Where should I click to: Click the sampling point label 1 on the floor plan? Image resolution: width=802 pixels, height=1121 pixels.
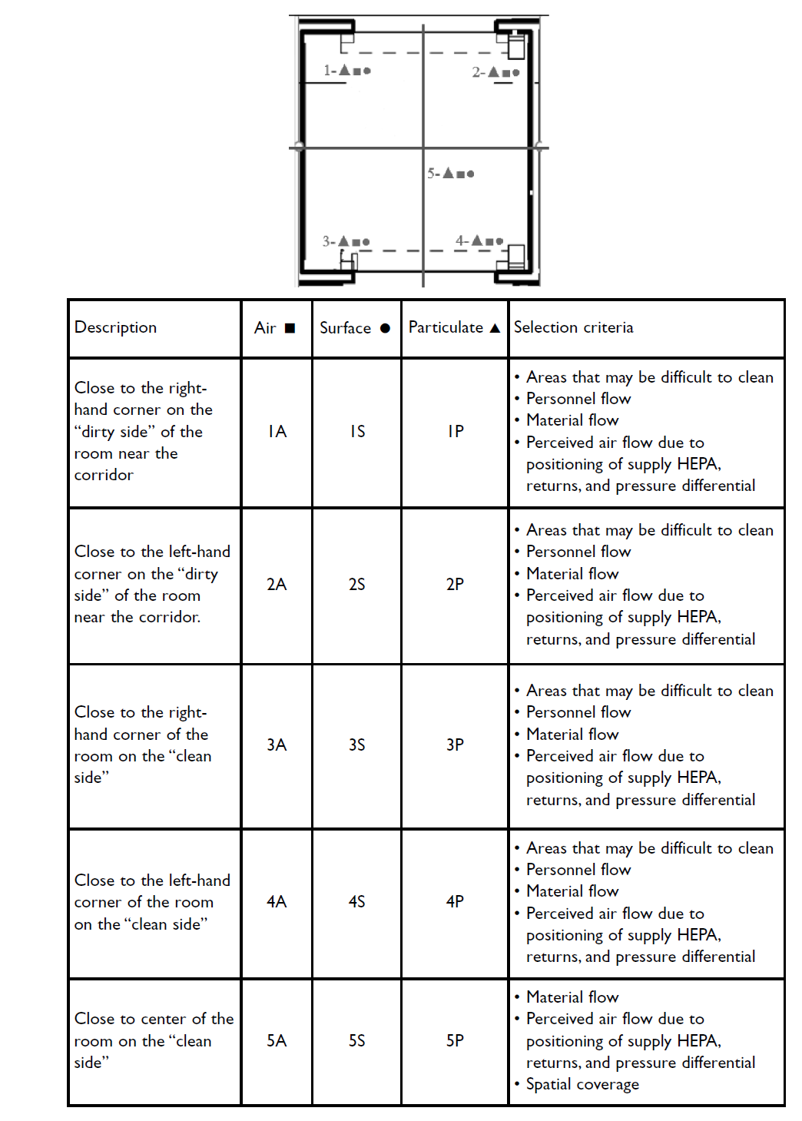[346, 71]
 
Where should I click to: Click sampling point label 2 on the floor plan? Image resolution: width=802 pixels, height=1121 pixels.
[495, 72]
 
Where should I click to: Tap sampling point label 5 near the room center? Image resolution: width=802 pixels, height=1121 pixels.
[451, 174]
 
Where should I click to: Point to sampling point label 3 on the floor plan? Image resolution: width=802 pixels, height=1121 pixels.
[346, 241]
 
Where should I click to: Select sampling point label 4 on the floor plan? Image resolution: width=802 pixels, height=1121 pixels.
[479, 241]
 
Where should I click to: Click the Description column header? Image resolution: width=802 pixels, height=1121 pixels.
[115, 327]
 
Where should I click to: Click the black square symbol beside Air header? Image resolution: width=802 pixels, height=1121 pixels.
[290, 328]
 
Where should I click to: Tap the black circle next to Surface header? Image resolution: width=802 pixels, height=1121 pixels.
[385, 328]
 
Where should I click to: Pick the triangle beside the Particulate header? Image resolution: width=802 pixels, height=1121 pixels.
[495, 328]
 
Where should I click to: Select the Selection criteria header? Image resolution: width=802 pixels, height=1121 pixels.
[573, 327]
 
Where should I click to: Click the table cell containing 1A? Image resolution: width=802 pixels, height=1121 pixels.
[277, 432]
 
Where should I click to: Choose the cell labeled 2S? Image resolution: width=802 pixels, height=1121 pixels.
[356, 585]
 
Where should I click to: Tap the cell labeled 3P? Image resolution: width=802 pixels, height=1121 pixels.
[455, 745]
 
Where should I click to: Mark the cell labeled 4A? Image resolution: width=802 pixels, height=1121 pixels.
[277, 901]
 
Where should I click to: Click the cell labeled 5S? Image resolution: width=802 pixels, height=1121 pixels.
[356, 1040]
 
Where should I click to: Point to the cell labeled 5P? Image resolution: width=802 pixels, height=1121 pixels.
[455, 1040]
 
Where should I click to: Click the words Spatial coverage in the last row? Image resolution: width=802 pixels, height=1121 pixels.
[582, 1084]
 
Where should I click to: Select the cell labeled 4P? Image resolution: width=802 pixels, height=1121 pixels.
[455, 901]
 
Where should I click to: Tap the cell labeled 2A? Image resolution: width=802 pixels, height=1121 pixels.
[277, 585]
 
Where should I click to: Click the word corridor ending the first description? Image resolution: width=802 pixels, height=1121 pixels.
[104, 475]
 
